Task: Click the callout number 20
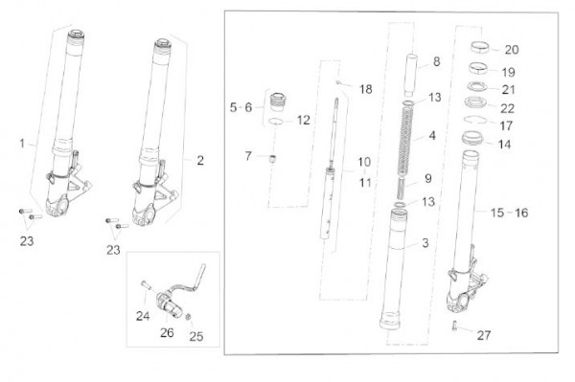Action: tap(512, 50)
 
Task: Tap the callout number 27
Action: tap(484, 335)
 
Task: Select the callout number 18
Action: tap(365, 89)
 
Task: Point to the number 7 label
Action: tap(248, 156)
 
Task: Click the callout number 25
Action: tap(196, 336)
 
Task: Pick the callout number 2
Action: tap(200, 161)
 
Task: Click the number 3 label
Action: tap(425, 243)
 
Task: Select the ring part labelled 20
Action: tap(480, 47)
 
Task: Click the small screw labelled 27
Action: tap(454, 326)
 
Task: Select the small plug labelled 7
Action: tap(272, 159)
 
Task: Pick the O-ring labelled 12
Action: tap(276, 122)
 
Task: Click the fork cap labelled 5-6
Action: tap(279, 101)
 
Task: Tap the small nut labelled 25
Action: tap(190, 316)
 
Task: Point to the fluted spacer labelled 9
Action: tap(402, 187)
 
